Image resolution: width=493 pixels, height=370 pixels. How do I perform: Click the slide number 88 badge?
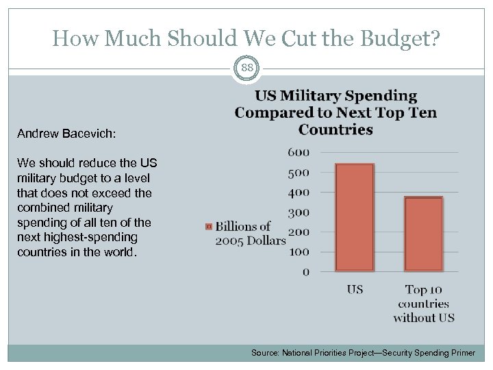(246, 69)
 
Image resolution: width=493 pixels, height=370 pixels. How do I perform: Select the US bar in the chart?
(354, 217)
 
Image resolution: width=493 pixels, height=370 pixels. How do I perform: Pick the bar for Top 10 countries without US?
(424, 234)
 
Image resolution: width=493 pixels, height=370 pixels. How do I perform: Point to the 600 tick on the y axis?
(299, 152)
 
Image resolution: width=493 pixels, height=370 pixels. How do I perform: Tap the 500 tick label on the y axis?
(299, 173)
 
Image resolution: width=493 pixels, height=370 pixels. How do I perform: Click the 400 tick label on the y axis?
(299, 193)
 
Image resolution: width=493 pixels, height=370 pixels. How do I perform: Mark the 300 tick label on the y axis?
(299, 212)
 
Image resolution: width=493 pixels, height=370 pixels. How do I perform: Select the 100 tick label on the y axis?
(299, 252)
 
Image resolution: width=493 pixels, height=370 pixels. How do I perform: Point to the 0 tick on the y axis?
(305, 272)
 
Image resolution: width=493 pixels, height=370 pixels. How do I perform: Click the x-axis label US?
(355, 289)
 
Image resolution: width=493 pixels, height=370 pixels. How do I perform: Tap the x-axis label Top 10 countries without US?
(424, 303)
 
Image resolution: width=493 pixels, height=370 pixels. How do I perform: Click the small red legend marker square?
(209, 226)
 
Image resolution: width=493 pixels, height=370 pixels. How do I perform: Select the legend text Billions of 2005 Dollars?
(250, 233)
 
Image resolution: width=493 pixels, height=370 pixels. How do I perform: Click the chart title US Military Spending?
(336, 96)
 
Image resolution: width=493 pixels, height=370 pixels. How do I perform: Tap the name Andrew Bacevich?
(66, 134)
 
